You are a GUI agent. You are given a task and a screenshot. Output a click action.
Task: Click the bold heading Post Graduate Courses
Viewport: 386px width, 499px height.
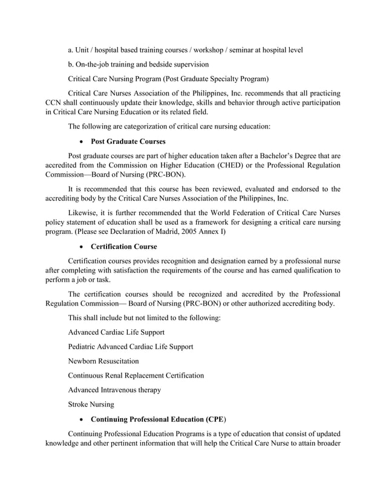[128, 141]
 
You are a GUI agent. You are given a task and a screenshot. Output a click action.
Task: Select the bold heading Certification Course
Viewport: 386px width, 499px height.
[123, 246]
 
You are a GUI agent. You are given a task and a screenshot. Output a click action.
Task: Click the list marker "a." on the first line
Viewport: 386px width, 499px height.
[71, 49]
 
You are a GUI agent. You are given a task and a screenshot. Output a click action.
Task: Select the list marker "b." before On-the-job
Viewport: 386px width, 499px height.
[71, 64]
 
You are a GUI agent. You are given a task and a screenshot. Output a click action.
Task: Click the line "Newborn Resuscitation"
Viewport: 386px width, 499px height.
[103, 361]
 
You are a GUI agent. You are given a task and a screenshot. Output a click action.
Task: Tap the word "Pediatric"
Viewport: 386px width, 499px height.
[83, 347]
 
